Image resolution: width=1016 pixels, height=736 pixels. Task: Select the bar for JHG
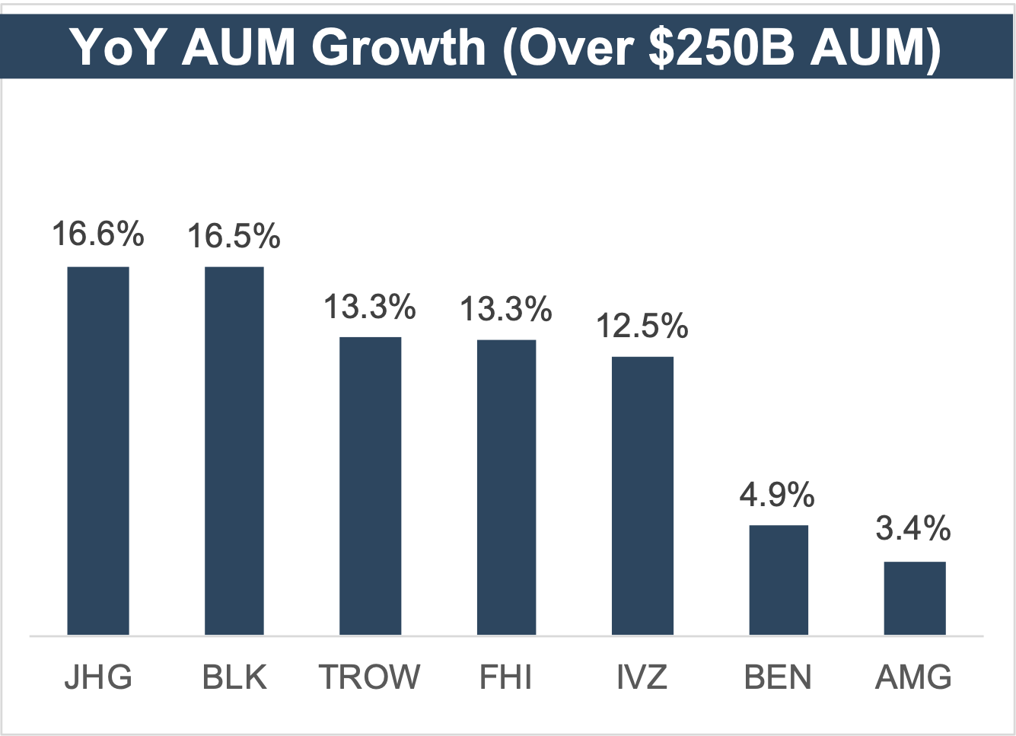click(98, 451)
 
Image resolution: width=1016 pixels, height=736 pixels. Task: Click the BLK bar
click(234, 451)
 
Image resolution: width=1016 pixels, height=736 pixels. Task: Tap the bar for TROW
click(370, 486)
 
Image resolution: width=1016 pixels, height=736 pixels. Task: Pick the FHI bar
click(506, 487)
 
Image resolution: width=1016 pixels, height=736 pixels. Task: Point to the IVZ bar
click(642, 495)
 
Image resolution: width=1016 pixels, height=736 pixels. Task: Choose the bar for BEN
click(779, 580)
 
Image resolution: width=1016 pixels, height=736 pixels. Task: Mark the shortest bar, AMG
click(914, 598)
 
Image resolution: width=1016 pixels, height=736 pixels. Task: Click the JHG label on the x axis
click(98, 677)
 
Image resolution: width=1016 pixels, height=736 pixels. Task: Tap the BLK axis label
click(234, 677)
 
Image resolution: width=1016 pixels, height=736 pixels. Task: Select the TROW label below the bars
click(370, 677)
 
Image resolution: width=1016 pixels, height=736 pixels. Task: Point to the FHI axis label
click(506, 677)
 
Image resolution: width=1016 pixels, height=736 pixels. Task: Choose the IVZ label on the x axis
click(642, 677)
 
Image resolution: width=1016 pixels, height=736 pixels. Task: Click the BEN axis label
click(778, 677)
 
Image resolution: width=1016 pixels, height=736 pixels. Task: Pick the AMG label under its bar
click(914, 677)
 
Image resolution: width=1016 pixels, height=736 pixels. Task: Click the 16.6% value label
click(98, 234)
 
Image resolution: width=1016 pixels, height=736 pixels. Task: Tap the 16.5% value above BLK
click(234, 236)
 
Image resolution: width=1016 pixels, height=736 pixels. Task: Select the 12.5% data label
click(642, 326)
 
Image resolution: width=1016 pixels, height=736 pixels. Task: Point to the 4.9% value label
click(777, 495)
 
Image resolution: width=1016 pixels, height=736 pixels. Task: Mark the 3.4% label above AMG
click(913, 528)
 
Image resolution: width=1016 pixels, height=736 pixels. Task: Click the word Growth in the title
click(399, 47)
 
